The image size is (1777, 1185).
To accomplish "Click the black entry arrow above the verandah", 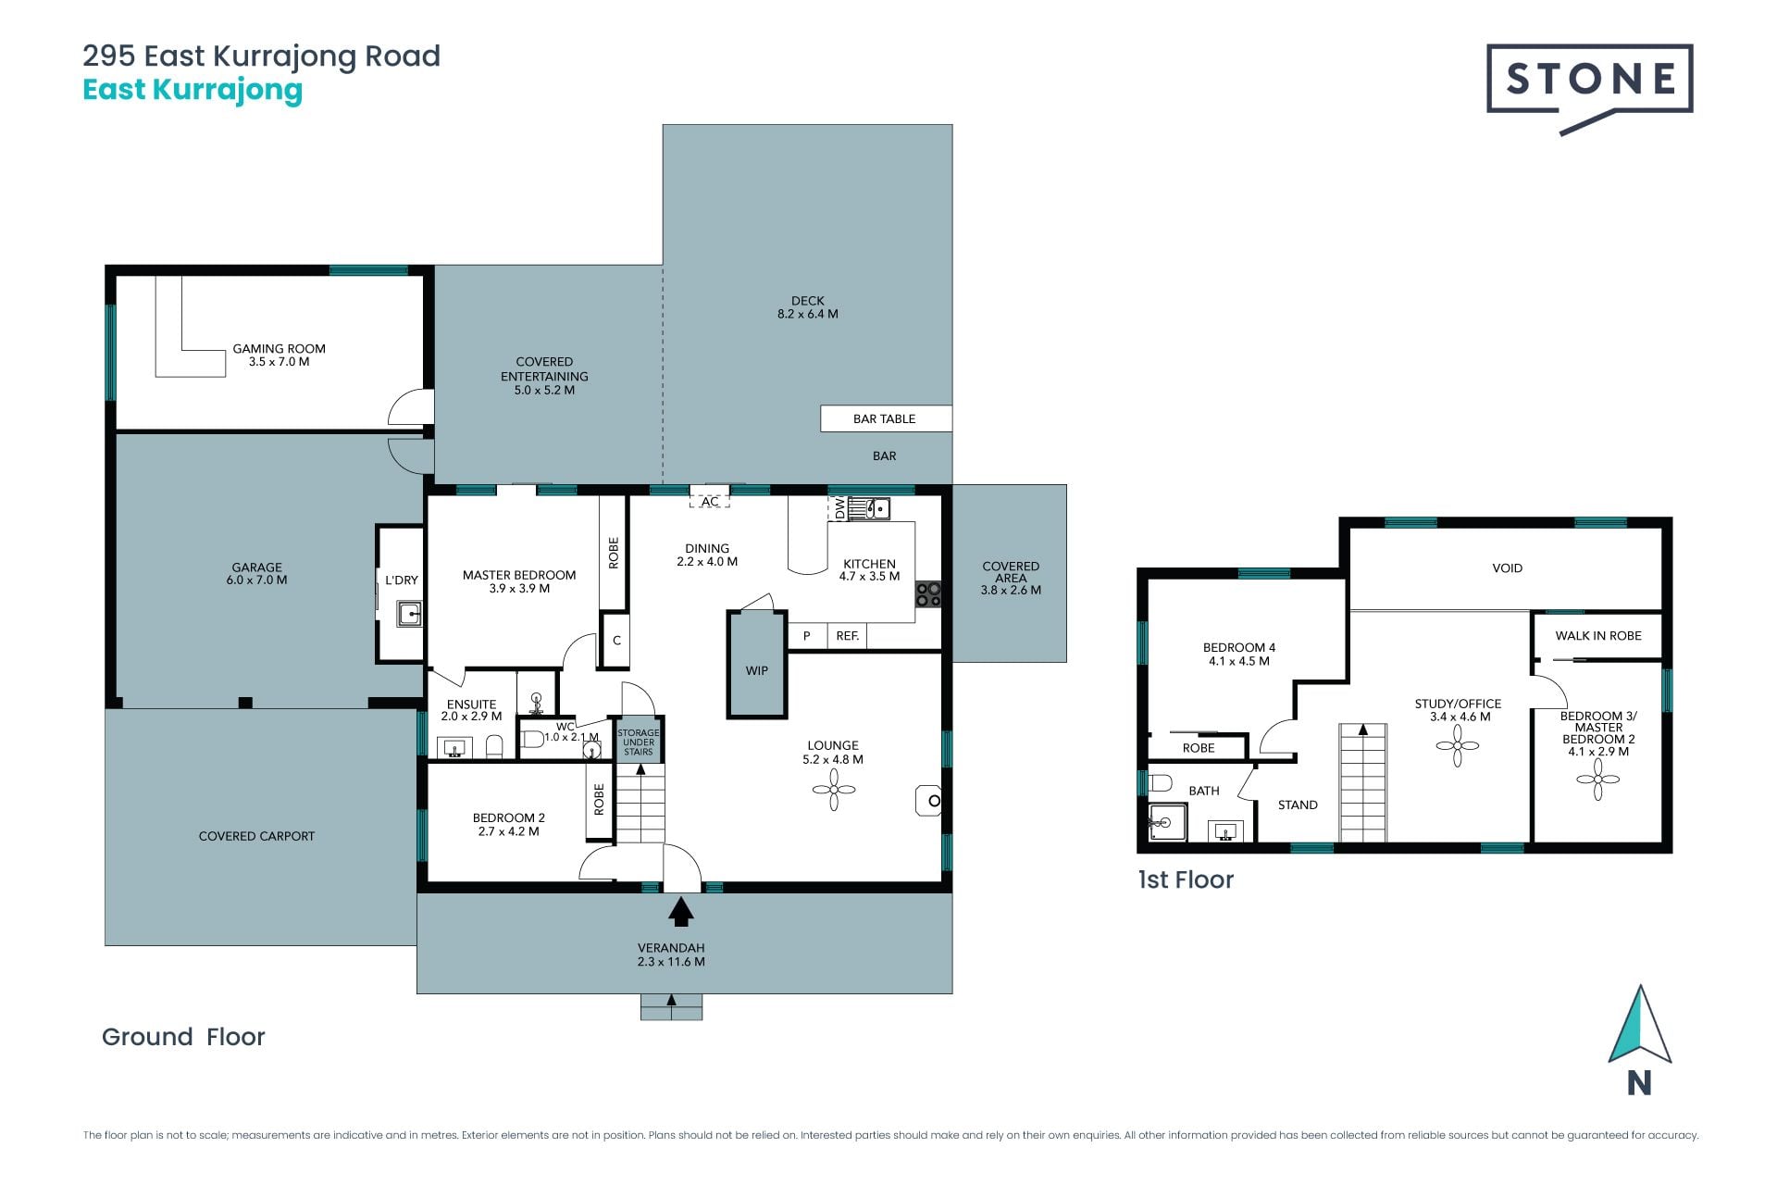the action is tap(681, 913).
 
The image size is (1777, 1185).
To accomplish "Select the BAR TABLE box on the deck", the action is tap(886, 418).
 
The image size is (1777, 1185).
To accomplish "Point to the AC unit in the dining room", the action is tap(710, 502).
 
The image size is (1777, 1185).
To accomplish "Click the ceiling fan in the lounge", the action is tap(833, 790).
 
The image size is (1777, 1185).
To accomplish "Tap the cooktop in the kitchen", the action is tap(928, 594).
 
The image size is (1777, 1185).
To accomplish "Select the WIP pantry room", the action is tap(757, 665).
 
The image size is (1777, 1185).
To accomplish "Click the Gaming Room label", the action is tap(279, 355).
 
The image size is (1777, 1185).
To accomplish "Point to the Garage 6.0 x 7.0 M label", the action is tap(257, 574).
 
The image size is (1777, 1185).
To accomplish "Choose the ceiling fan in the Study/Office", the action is tap(1458, 745).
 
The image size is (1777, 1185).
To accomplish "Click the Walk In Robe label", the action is tap(1598, 636).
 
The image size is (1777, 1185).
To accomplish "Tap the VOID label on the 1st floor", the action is tap(1508, 568).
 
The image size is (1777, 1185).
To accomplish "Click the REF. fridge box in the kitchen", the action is tap(848, 636).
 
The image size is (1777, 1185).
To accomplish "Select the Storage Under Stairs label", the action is tap(639, 742).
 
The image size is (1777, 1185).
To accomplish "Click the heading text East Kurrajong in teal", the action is tap(193, 91).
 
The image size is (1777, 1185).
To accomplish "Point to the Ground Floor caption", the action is tap(183, 1037).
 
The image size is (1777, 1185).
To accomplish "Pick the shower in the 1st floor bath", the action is tap(1166, 822).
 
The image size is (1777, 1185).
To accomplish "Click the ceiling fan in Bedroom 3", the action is tap(1598, 780).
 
